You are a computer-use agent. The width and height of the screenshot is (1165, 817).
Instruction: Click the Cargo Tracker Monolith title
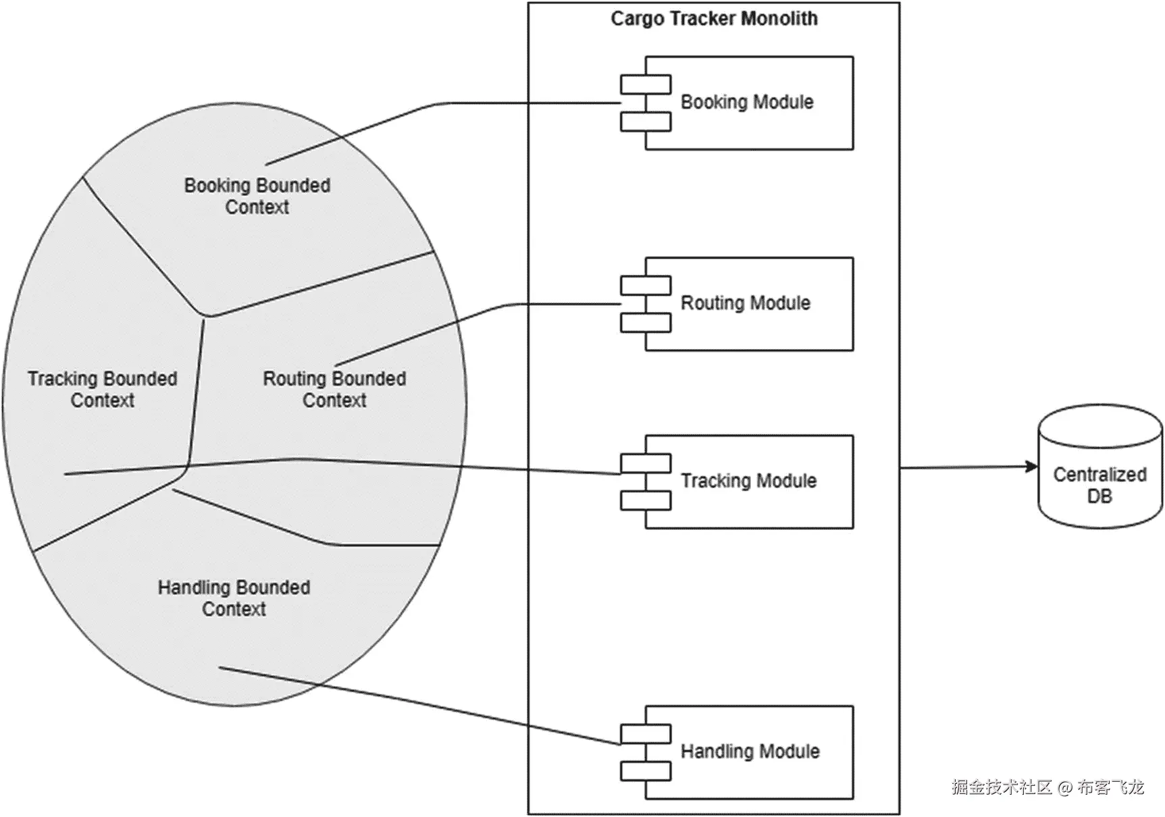tap(714, 18)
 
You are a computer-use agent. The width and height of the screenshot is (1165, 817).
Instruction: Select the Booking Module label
tap(747, 102)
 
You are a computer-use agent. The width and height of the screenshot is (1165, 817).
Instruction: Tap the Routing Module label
tap(745, 302)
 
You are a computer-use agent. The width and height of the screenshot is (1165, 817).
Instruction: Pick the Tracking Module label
tap(748, 481)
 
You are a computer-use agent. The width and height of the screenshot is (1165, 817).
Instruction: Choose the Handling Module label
tap(750, 752)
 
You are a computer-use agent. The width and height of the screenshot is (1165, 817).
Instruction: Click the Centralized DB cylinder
tap(1100, 466)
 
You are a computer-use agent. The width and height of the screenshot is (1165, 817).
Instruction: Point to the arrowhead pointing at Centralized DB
tap(1031, 467)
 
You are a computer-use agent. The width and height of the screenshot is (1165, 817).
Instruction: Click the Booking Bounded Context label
tap(257, 196)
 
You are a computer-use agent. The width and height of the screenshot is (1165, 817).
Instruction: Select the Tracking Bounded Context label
tap(103, 389)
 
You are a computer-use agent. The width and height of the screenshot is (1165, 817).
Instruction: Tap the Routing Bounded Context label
tap(334, 389)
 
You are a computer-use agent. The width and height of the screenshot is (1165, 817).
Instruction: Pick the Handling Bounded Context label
tap(234, 598)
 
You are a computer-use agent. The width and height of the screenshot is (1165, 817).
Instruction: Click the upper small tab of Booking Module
tap(646, 84)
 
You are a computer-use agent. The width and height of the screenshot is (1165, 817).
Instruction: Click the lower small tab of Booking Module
tap(646, 122)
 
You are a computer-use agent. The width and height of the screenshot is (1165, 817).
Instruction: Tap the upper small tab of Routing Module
tap(646, 286)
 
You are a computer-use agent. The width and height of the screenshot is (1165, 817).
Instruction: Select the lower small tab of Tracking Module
tap(646, 500)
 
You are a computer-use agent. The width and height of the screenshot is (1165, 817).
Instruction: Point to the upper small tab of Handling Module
tap(646, 734)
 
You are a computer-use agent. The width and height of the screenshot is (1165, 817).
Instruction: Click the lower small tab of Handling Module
tap(646, 771)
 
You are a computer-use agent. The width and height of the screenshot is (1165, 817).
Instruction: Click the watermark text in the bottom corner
tap(1048, 787)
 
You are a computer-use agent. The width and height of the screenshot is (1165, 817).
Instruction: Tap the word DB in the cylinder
tap(1099, 496)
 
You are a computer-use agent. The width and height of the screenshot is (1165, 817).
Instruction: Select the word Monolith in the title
tap(779, 18)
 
